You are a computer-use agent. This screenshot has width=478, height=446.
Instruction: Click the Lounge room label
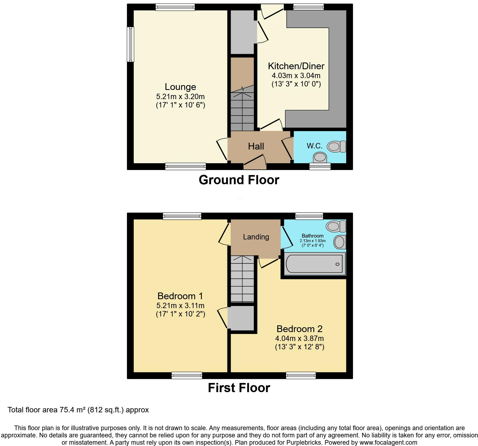click(180, 87)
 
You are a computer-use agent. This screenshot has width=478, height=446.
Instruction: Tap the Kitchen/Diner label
click(296, 66)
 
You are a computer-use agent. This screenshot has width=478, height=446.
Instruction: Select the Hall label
click(256, 146)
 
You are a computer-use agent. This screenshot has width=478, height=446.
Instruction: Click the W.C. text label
click(314, 146)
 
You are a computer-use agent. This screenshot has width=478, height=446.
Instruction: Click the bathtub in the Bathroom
click(314, 264)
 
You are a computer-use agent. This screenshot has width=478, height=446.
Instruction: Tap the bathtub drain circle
click(337, 264)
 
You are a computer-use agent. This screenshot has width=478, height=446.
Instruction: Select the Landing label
click(256, 237)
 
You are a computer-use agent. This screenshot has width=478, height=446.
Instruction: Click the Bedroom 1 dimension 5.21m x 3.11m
click(180, 306)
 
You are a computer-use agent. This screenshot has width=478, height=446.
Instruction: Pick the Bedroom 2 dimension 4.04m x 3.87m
click(299, 339)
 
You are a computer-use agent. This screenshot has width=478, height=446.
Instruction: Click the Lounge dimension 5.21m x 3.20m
click(180, 96)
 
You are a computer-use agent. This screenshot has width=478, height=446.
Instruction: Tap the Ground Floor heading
click(239, 180)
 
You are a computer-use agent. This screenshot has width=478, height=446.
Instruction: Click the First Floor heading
click(239, 388)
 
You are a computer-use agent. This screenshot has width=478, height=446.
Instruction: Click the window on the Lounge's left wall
click(131, 44)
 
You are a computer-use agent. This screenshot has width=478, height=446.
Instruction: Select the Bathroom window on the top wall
click(309, 216)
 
